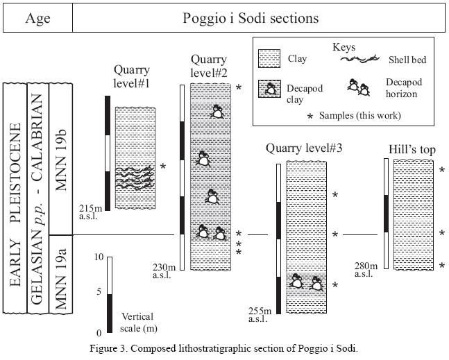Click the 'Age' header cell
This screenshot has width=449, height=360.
[x=37, y=18]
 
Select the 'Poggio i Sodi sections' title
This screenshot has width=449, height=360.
[x=251, y=18]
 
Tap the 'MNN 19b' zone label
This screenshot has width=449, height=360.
[x=61, y=160]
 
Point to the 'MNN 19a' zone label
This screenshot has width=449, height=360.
[x=61, y=279]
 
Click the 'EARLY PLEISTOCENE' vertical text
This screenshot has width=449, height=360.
[x=15, y=205]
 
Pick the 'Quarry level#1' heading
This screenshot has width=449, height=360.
[x=132, y=76]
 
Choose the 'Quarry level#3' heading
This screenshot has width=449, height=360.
[x=304, y=148]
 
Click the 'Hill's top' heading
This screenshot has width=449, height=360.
[x=412, y=150]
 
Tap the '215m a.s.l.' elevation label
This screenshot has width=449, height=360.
[x=90, y=212]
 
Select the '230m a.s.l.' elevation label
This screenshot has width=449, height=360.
[x=164, y=271]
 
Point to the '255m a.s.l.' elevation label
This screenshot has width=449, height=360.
[x=260, y=314]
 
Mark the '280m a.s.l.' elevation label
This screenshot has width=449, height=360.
[x=366, y=270]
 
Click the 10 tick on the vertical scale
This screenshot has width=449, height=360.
[x=99, y=257]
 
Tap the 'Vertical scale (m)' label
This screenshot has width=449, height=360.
[x=139, y=323]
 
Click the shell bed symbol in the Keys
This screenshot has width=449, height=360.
[x=359, y=59]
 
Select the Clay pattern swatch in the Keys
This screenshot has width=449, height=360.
[x=269, y=59]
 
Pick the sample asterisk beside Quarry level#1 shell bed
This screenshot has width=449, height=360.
[x=163, y=166]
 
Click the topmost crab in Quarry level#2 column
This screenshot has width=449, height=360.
[x=217, y=112]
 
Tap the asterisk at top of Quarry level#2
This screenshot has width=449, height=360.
[x=238, y=87]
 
